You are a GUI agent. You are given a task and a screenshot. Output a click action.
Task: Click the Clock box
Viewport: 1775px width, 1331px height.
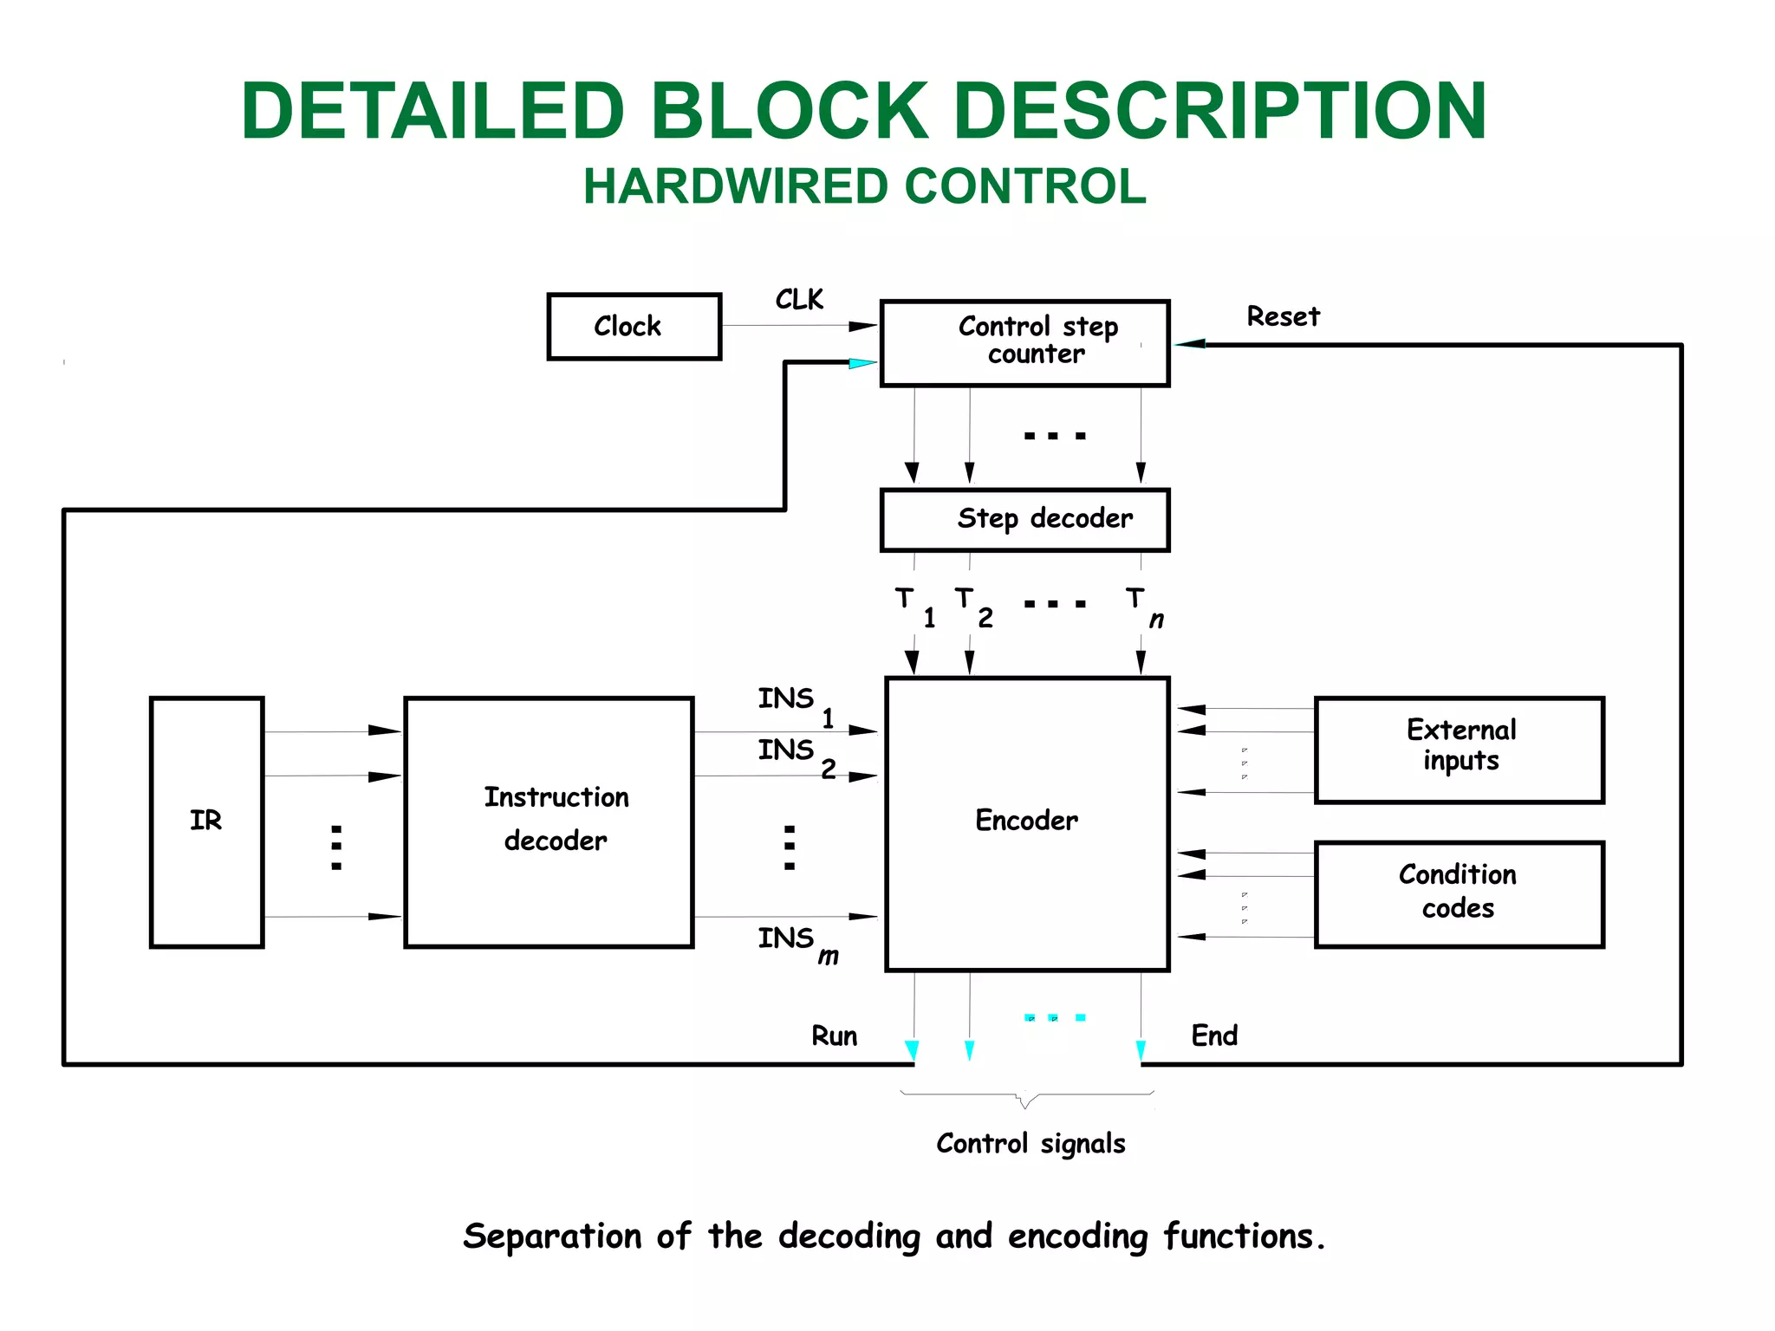point(634,327)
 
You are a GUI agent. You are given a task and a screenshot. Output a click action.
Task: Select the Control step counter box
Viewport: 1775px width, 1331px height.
point(1024,343)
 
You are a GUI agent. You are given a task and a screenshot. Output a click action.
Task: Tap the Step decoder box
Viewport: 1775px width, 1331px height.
point(1024,520)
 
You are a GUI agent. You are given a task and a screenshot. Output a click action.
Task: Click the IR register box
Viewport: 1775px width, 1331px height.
point(206,821)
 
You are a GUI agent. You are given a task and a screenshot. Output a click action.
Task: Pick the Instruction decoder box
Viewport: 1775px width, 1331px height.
point(549,821)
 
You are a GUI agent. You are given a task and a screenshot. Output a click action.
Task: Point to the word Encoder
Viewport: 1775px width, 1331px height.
point(1026,821)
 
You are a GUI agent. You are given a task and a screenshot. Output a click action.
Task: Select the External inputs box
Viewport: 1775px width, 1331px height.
point(1459,750)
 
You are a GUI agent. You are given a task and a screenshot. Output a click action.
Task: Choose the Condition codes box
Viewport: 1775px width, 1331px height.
point(1459,893)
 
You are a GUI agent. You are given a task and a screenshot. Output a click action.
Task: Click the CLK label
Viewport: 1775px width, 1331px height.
point(798,300)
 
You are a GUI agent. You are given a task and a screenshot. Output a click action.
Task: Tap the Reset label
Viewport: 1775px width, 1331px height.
point(1283,317)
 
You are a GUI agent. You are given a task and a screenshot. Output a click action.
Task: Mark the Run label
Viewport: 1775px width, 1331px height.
point(834,1036)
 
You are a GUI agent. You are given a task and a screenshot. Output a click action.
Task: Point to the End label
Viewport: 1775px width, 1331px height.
point(1213,1036)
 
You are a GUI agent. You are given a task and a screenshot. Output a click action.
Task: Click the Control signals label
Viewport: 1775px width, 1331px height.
point(1030,1144)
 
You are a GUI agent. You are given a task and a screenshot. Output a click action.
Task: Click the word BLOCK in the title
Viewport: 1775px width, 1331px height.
point(789,111)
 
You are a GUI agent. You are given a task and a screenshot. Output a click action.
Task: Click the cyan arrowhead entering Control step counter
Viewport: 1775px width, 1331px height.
point(861,363)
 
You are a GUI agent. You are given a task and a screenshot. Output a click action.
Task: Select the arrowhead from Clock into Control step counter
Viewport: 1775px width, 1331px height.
point(861,327)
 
